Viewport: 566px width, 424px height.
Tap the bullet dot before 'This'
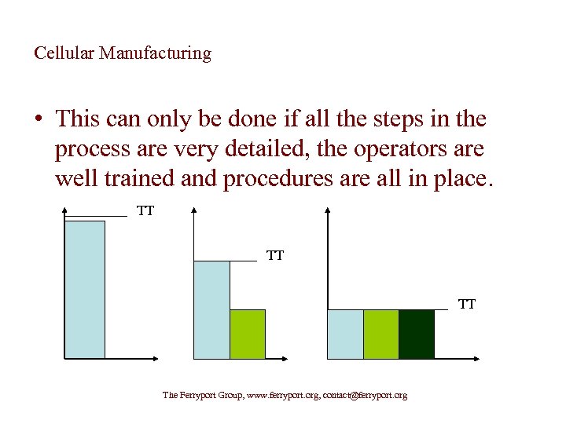coord(39,120)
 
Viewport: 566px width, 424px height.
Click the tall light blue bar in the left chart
coord(85,289)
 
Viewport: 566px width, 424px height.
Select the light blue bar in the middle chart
coord(211,309)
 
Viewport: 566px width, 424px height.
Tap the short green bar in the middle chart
coord(247,334)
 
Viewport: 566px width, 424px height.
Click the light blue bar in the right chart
coord(345,334)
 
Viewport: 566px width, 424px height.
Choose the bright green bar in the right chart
coord(381,334)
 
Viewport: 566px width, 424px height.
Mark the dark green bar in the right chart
coord(417,334)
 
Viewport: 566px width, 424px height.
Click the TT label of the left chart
coord(145,210)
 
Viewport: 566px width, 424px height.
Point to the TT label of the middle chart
coord(275,256)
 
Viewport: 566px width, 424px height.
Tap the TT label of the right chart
coord(467,305)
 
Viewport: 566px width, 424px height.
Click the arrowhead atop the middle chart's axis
coord(193,211)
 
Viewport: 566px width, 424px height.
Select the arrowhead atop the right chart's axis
coord(327,211)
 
